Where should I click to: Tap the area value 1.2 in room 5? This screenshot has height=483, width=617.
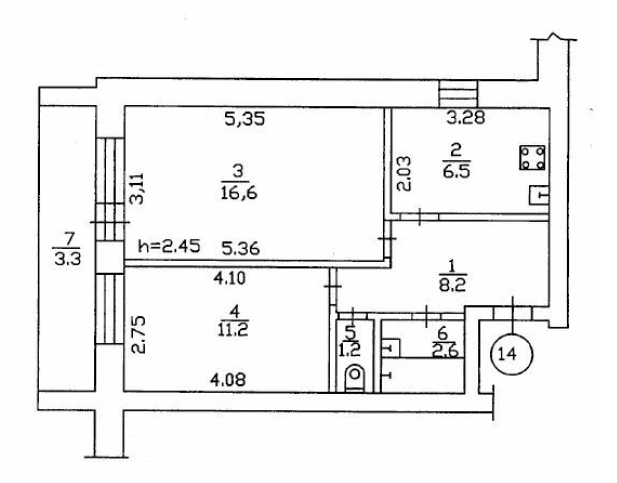[351, 351]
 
